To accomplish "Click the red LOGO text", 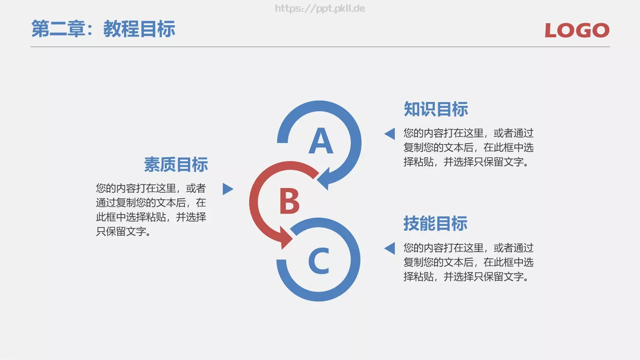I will [577, 30].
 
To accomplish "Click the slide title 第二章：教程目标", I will [103, 29].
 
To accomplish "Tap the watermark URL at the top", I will [320, 8].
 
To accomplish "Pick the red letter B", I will [289, 201].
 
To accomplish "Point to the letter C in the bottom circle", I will [319, 261].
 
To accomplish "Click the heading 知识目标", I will [436, 109].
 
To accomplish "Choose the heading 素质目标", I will [176, 164].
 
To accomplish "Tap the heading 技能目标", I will [436, 224].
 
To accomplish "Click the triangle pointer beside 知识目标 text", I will [390, 134].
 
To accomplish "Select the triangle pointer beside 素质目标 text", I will [227, 189].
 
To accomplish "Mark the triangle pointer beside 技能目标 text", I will [390, 248].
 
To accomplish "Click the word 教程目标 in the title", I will [139, 29].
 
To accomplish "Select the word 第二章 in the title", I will [58, 29].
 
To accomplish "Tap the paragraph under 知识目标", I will [468, 148].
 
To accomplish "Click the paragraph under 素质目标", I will [151, 210].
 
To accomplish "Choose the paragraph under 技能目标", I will [468, 262].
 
